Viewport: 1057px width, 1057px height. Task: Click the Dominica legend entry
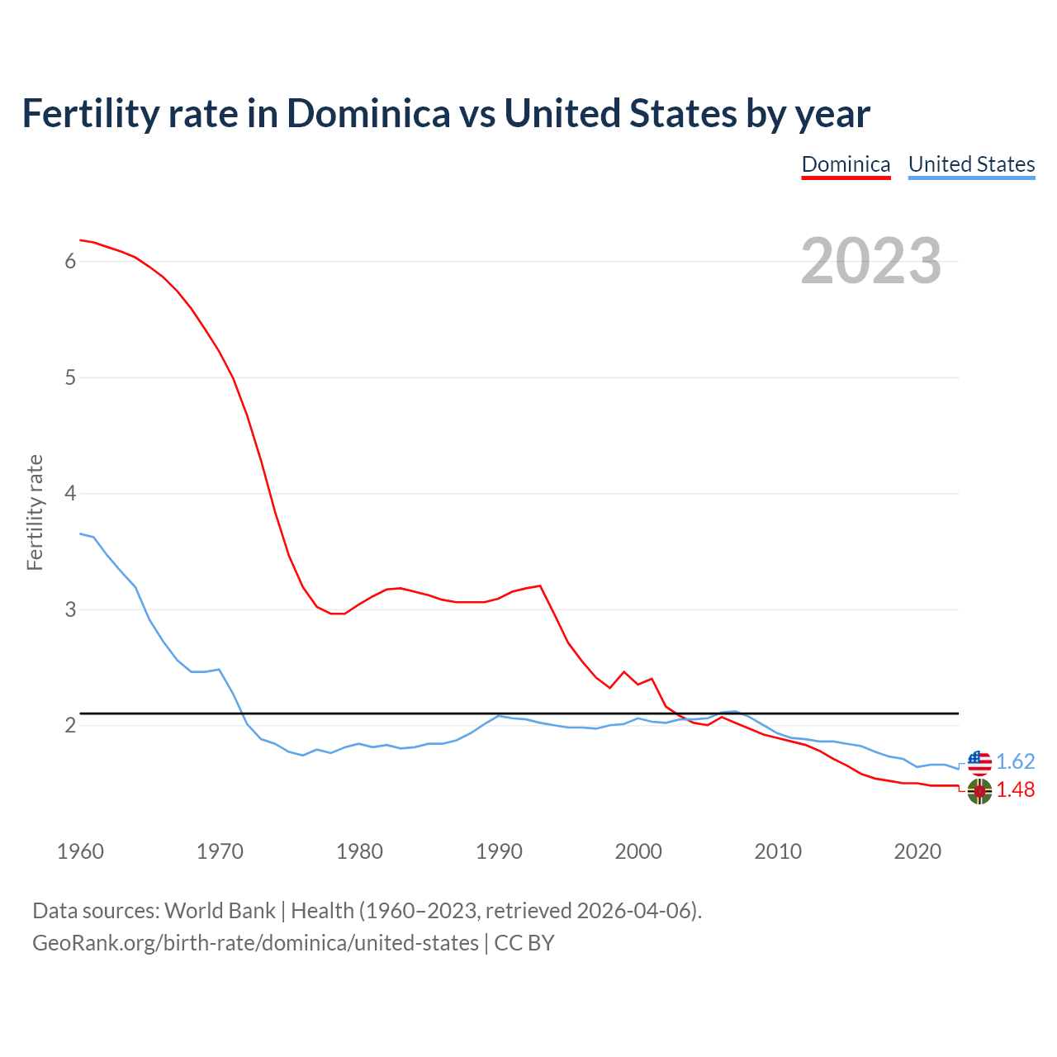(x=846, y=164)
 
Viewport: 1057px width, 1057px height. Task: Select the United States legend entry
(x=971, y=164)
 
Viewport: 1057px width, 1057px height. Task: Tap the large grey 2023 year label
(x=871, y=261)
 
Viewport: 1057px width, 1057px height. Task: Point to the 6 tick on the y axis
(x=70, y=262)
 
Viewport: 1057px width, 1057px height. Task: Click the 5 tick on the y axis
(x=70, y=377)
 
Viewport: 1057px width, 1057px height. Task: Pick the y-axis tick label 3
(x=70, y=609)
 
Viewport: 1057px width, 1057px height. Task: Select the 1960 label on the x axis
(x=80, y=851)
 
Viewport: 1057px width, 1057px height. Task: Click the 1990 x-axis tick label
(x=499, y=851)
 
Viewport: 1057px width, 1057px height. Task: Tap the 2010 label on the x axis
(x=778, y=851)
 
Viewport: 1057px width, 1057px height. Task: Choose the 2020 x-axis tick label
(x=917, y=851)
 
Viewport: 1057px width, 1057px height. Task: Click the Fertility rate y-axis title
(x=35, y=512)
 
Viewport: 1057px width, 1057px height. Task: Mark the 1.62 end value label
(x=1015, y=761)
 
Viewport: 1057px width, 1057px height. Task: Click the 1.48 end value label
(x=1015, y=790)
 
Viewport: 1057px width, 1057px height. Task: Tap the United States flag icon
(x=979, y=762)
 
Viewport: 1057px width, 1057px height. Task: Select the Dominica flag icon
(x=979, y=791)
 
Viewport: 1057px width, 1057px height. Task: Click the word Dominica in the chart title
(x=368, y=114)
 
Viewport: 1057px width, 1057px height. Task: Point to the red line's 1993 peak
(x=540, y=585)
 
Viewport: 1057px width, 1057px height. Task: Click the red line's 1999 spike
(x=624, y=671)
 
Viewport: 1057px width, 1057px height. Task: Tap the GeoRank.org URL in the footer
(x=255, y=943)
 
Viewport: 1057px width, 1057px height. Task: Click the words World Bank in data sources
(x=220, y=911)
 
